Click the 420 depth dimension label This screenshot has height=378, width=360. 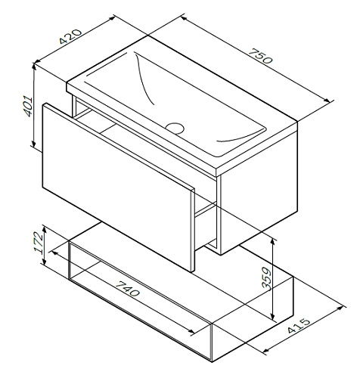(70, 36)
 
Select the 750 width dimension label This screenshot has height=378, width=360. (261, 56)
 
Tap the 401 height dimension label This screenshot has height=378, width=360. (28, 106)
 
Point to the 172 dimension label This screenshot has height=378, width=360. (39, 242)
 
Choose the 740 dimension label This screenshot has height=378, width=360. (128, 288)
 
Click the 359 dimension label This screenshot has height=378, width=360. (266, 278)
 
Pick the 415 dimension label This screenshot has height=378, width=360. (299, 326)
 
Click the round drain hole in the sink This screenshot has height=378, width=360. (175, 128)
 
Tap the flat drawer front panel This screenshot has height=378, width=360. (117, 187)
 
